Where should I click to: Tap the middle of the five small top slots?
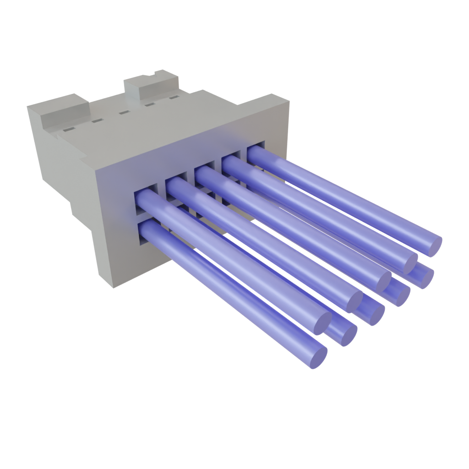pos(123,112)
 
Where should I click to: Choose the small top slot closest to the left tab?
pos(67,131)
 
